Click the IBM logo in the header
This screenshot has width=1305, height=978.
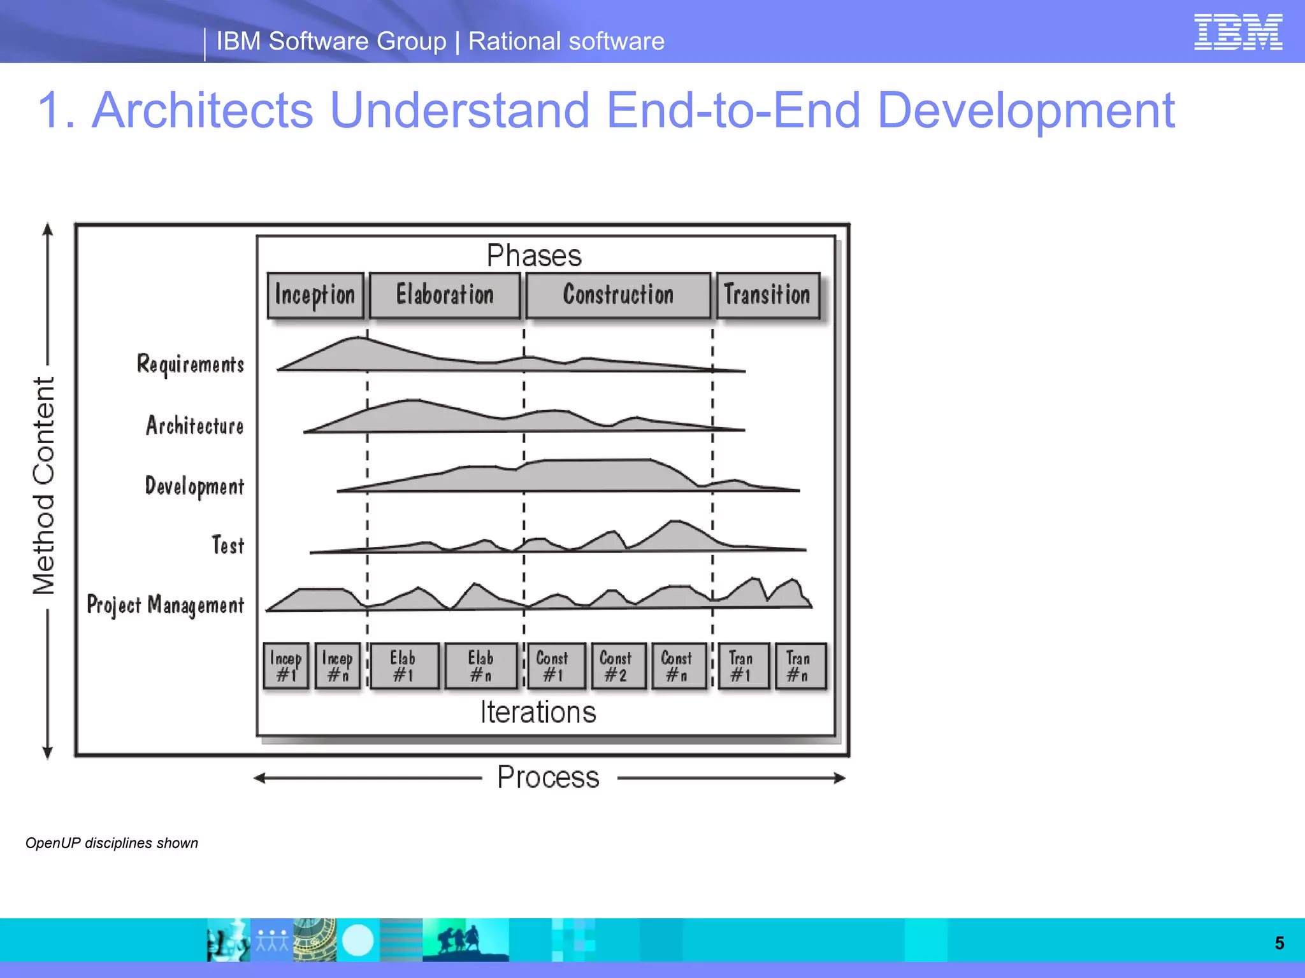click(x=1237, y=32)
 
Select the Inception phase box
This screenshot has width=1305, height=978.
click(x=315, y=295)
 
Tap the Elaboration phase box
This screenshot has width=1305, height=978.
click(x=445, y=295)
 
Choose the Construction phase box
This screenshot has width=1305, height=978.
click(x=618, y=295)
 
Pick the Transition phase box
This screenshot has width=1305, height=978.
click(x=767, y=295)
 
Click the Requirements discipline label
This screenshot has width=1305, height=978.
click(x=191, y=364)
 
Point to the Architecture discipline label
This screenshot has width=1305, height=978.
click(x=195, y=425)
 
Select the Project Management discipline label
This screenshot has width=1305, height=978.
click(x=166, y=605)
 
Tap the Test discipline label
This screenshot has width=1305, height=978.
click(x=228, y=546)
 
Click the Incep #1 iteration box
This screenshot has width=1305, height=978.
click(x=286, y=666)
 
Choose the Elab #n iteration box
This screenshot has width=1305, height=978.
click(x=481, y=666)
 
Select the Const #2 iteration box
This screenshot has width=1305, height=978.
click(x=616, y=666)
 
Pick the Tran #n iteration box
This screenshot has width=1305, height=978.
click(x=800, y=666)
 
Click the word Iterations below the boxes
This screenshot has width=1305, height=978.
click(x=538, y=712)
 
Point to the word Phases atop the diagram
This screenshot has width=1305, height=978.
click(x=534, y=256)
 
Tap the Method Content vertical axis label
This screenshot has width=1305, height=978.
click(x=44, y=485)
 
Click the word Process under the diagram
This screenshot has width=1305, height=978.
click(x=548, y=777)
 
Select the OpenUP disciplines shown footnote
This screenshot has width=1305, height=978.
click(x=112, y=843)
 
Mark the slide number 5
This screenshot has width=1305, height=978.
click(x=1279, y=943)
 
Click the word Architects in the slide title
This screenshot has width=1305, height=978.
click(x=203, y=110)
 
